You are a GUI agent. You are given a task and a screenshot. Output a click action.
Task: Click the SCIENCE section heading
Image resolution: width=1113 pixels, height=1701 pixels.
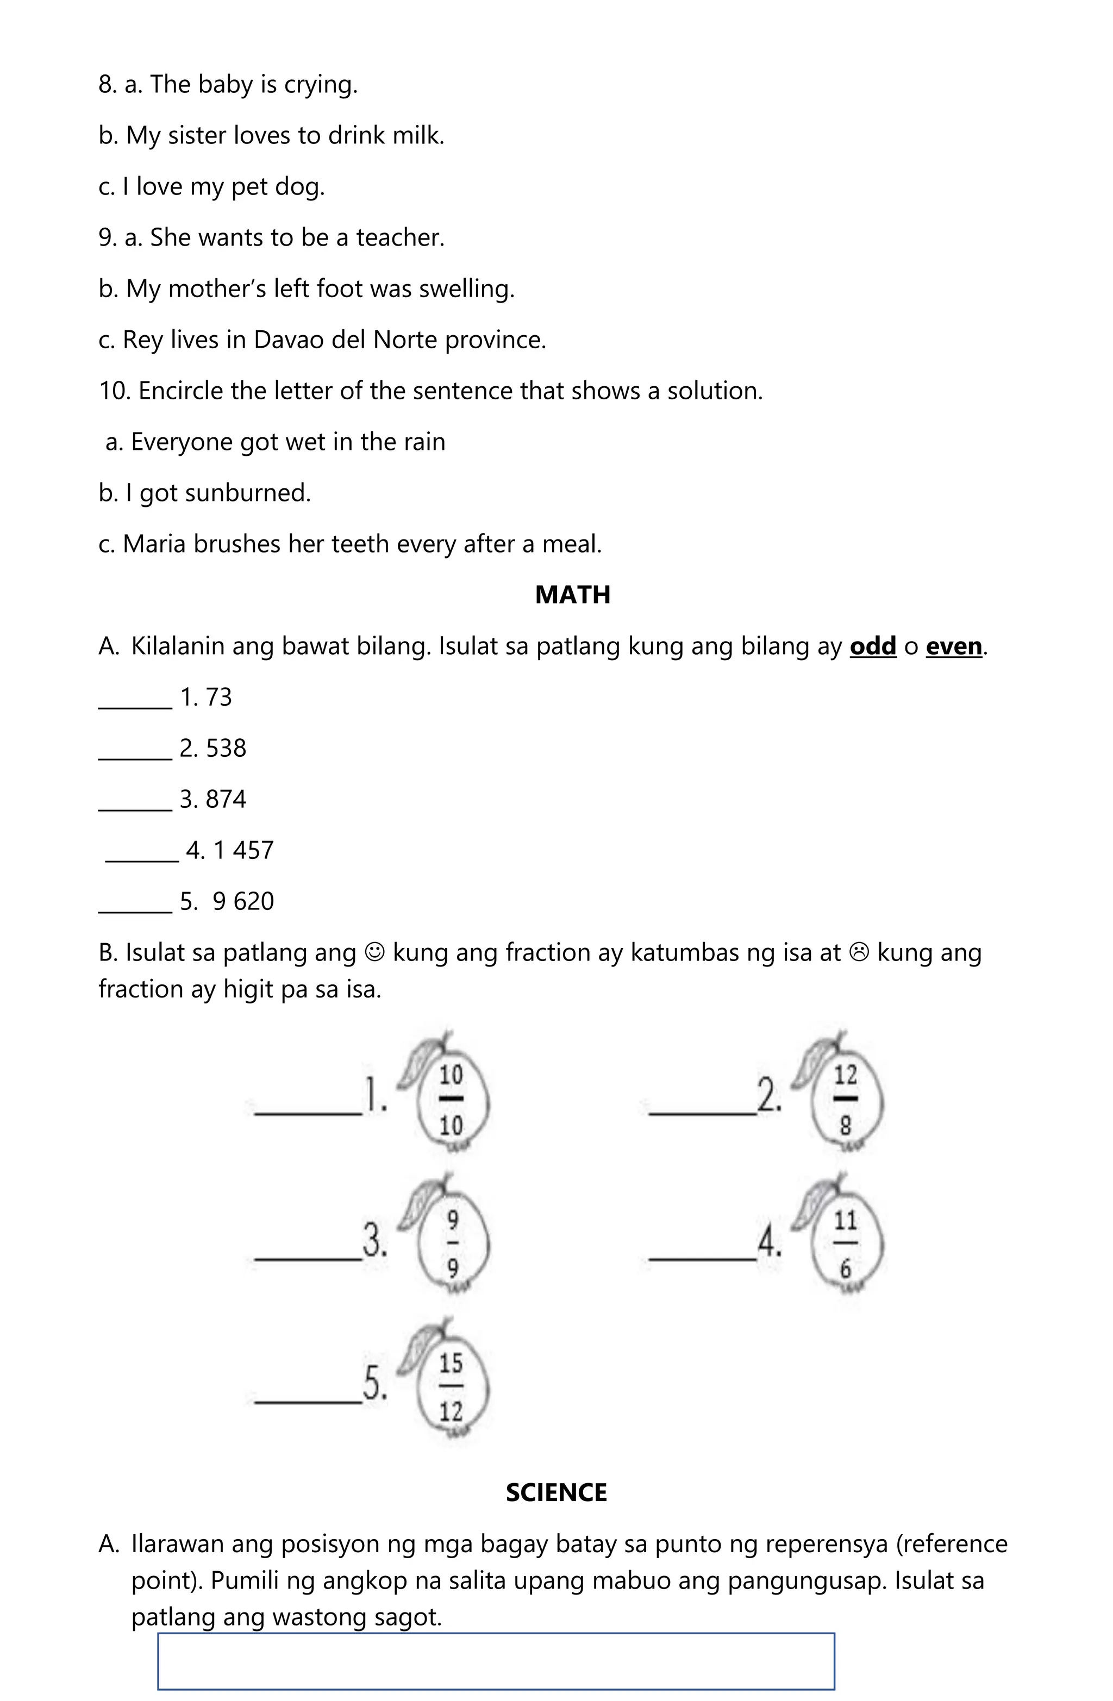[x=556, y=1492]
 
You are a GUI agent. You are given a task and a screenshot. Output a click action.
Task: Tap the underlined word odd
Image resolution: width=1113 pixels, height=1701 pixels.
[x=872, y=646]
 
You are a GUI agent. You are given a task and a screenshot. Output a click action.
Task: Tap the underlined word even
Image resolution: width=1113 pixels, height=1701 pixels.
[x=954, y=646]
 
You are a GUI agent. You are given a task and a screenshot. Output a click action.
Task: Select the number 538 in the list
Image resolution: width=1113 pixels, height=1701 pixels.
[x=226, y=748]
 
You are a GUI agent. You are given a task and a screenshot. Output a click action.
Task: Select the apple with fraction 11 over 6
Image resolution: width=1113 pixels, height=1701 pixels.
[x=845, y=1244]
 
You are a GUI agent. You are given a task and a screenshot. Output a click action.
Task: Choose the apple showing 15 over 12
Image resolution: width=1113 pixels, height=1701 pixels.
[x=451, y=1387]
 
